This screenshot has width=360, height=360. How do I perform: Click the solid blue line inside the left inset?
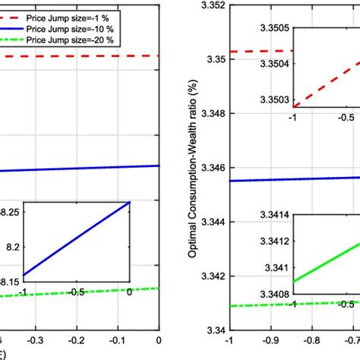tap(76, 238)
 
